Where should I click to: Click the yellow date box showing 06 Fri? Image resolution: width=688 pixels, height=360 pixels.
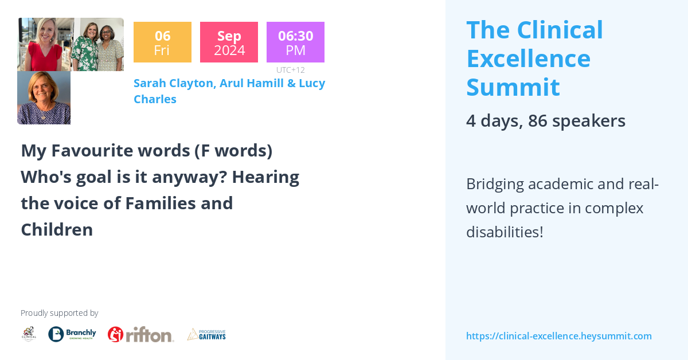point(162,42)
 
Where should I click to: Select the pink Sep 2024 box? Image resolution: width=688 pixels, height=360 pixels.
point(229,42)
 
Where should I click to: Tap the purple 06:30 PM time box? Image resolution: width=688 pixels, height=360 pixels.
point(295,42)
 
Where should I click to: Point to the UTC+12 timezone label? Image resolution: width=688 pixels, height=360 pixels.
point(290,70)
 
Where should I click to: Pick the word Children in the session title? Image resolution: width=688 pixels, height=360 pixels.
point(57,230)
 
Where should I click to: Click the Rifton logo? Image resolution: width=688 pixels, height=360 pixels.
point(140,334)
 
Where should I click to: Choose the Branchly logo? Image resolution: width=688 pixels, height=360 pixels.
point(72,334)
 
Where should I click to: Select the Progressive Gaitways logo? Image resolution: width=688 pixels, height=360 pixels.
point(206,334)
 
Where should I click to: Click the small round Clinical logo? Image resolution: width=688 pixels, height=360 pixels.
point(29,334)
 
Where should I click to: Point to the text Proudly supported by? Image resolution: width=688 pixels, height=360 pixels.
point(59,313)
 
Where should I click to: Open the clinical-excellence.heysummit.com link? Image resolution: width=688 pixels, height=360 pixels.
point(558,336)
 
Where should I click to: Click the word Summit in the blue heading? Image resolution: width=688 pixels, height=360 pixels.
point(513,87)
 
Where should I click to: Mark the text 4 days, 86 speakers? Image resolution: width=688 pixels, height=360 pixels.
point(545,121)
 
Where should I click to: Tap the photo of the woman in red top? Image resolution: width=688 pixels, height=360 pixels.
point(45,45)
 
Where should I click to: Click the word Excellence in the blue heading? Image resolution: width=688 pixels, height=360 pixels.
point(528,58)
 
